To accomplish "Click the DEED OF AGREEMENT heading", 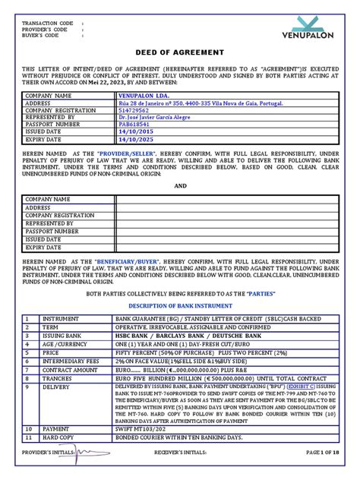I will (179, 53).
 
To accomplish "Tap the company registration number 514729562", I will (134, 111).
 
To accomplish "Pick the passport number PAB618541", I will (134, 125).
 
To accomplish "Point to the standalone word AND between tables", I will (179, 185).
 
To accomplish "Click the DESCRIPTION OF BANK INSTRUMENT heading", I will (180, 305).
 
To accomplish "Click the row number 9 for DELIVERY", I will (27, 387).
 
